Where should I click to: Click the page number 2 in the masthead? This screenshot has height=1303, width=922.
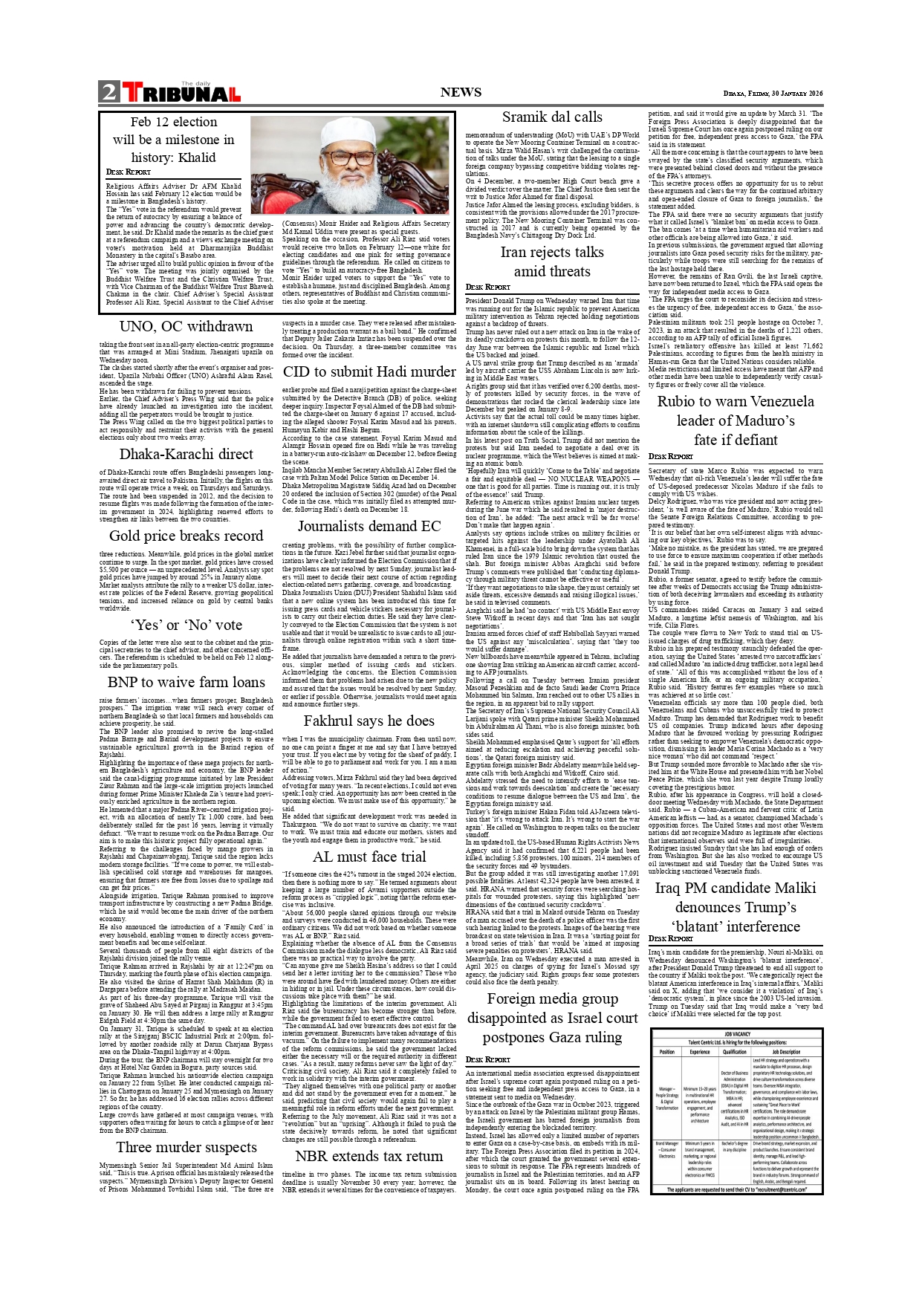click(x=109, y=92)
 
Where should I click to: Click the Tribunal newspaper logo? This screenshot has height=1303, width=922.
click(x=181, y=93)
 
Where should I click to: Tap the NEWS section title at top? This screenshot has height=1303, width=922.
click(x=461, y=92)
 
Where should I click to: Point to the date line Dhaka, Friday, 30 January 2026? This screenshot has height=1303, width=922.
click(x=773, y=94)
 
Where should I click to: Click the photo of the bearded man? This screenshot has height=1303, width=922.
click(x=350, y=165)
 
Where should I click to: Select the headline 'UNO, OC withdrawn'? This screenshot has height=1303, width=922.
click(x=186, y=326)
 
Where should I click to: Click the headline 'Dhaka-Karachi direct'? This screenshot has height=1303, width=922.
click(x=186, y=454)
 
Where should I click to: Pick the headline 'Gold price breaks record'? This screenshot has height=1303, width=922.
click(x=186, y=536)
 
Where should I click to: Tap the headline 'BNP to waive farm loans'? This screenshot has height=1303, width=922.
click(x=186, y=682)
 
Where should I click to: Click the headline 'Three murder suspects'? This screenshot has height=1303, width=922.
click(x=186, y=1147)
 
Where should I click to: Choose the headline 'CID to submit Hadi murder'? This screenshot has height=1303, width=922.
click(x=369, y=371)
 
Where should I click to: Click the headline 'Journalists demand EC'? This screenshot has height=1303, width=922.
click(x=369, y=526)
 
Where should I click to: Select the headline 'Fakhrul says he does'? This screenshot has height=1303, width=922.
click(x=369, y=721)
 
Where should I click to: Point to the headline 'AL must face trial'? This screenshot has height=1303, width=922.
click(x=369, y=857)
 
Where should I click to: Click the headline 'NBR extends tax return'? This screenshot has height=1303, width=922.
click(x=369, y=1156)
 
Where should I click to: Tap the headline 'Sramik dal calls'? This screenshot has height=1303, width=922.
click(x=552, y=117)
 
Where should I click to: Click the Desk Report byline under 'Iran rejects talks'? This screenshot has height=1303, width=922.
click(x=487, y=287)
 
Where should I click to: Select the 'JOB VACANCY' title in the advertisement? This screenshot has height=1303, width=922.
click(x=736, y=1033)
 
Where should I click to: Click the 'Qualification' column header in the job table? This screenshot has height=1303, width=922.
click(x=734, y=1051)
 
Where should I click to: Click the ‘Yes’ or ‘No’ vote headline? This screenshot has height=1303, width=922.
click(x=186, y=625)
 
